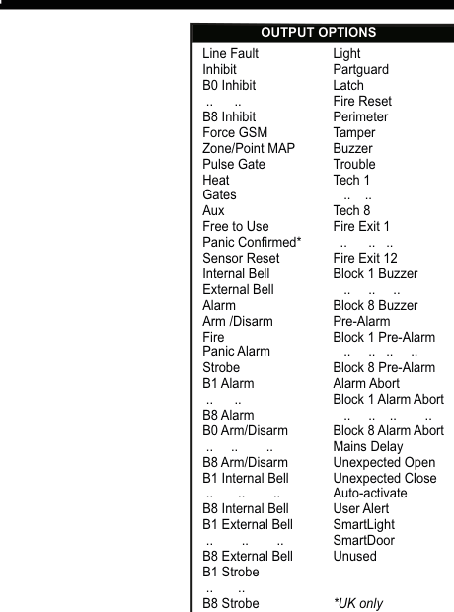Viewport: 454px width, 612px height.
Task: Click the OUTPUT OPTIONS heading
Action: (x=318, y=33)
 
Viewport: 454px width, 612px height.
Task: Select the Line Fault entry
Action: (x=230, y=53)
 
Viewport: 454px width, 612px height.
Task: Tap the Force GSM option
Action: (x=234, y=132)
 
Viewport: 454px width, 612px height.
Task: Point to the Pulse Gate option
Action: (x=234, y=164)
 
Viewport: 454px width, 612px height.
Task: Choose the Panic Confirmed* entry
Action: (x=252, y=242)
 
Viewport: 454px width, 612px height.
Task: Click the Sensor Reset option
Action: (x=242, y=258)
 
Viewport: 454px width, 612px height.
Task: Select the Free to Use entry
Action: (x=235, y=226)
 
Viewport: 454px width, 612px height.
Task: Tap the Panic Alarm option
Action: (x=236, y=351)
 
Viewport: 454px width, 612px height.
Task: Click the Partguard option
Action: (x=360, y=69)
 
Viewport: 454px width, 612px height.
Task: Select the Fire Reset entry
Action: (x=362, y=101)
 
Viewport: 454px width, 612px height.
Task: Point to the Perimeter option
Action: (x=360, y=116)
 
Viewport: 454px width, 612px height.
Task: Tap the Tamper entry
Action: (x=353, y=132)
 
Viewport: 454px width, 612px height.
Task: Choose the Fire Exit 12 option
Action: (x=364, y=258)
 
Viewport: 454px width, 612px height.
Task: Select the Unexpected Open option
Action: (x=384, y=462)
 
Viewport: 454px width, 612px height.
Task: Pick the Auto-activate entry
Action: (x=369, y=493)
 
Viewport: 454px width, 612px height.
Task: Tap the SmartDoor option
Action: (x=363, y=540)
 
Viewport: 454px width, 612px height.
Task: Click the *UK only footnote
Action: (x=358, y=603)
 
